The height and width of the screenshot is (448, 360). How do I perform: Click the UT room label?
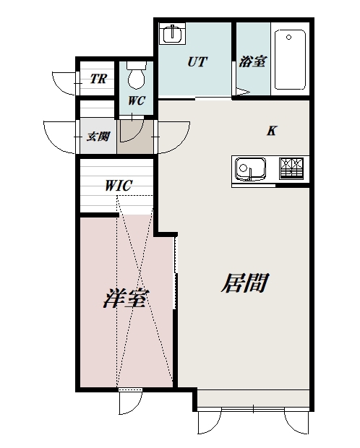197,61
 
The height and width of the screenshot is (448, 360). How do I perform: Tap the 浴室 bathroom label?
252,62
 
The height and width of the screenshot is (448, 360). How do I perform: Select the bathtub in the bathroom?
290,59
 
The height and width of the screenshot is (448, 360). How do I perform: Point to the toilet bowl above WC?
136,74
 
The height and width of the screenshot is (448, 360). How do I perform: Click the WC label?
137,100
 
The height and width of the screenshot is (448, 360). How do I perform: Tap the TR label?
98,79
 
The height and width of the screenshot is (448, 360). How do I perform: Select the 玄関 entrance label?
98,136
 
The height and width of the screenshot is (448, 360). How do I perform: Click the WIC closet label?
118,185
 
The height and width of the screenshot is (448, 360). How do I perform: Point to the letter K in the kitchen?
272,131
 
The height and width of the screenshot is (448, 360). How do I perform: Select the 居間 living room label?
244,283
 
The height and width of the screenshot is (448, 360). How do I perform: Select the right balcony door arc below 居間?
298,423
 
